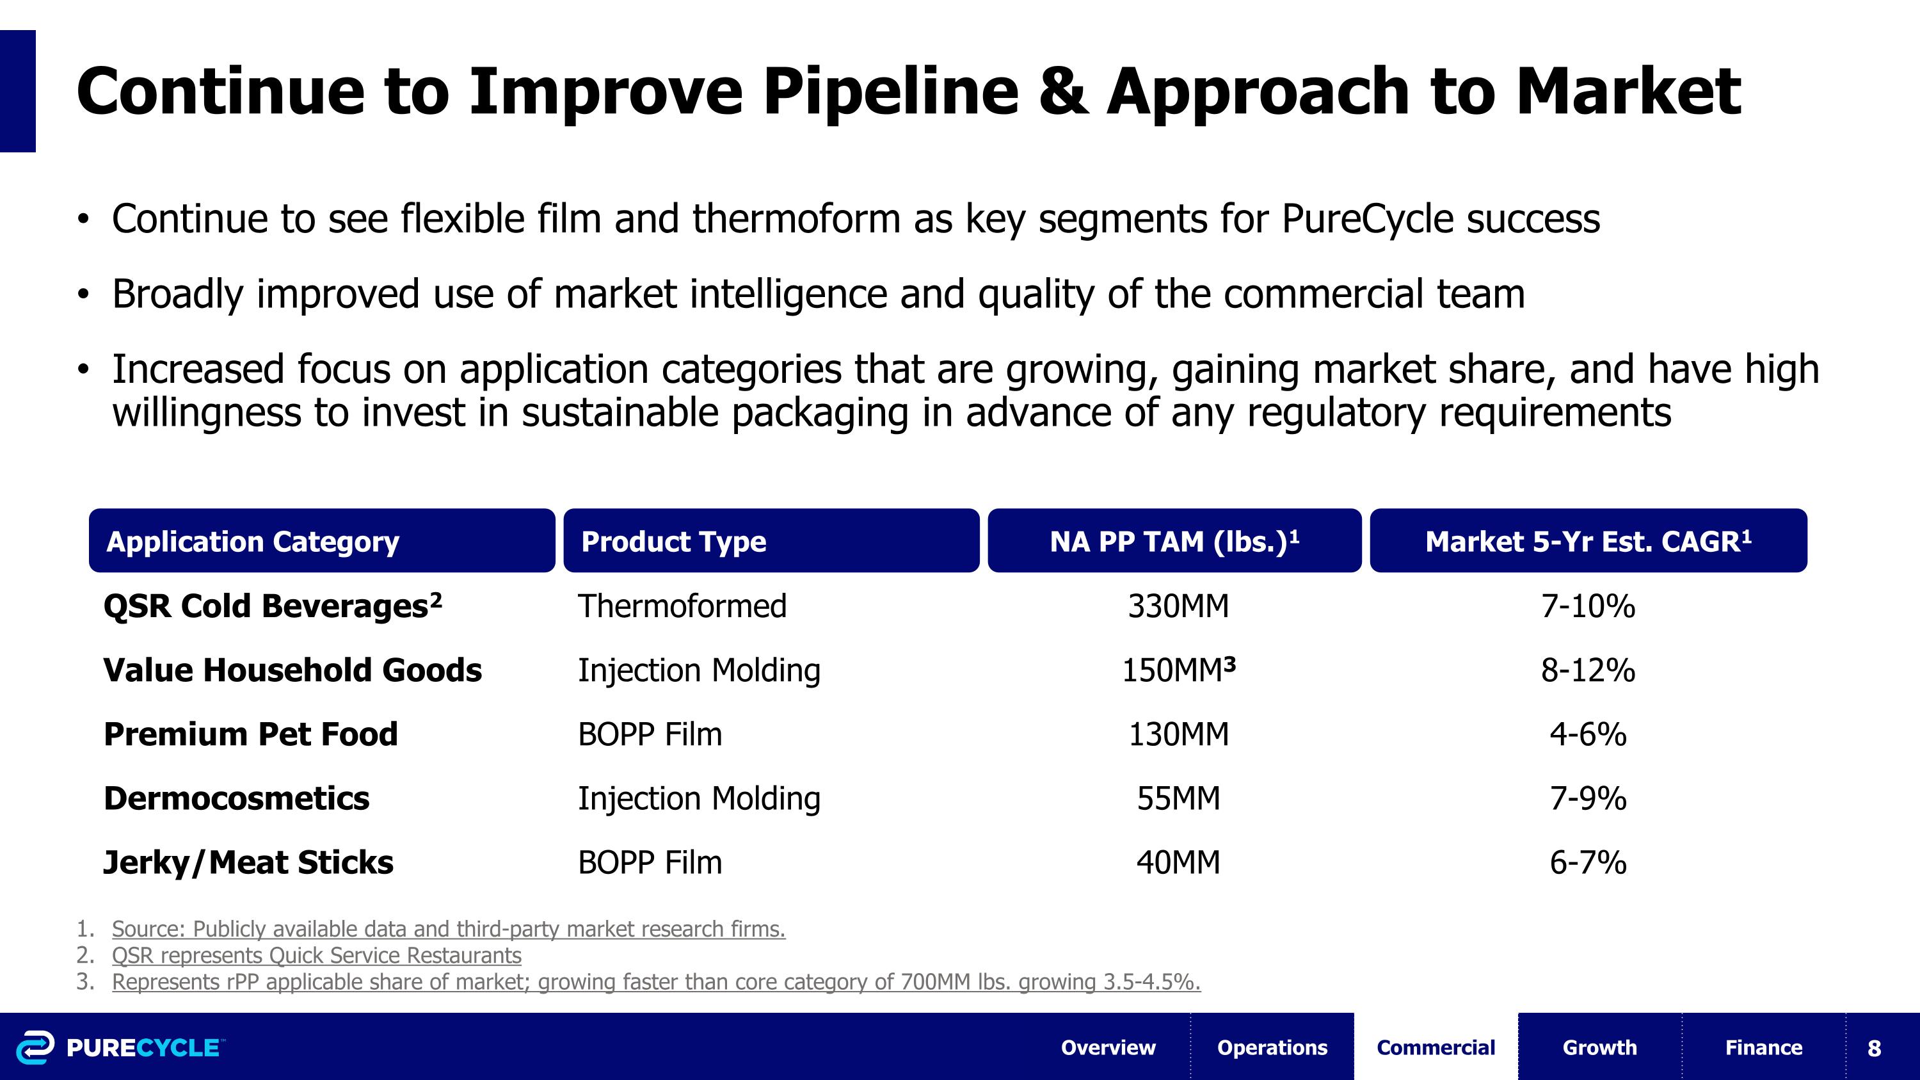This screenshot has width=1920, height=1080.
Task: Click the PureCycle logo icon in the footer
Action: [x=35, y=1047]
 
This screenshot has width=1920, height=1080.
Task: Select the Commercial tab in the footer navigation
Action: [x=1436, y=1047]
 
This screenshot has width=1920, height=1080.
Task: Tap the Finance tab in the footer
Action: [x=1763, y=1047]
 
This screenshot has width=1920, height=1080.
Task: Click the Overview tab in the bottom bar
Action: [x=1108, y=1047]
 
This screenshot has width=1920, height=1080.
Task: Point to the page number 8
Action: [x=1874, y=1048]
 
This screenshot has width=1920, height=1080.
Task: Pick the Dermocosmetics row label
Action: [x=236, y=798]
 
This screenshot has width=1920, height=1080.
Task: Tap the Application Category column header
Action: [x=253, y=541]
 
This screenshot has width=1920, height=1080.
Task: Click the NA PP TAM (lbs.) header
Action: [x=1174, y=541]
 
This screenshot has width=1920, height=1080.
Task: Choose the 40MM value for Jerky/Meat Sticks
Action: [x=1178, y=862]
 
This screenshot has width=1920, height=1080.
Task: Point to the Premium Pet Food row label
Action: [x=250, y=734]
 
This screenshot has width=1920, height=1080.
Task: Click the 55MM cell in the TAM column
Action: [x=1178, y=798]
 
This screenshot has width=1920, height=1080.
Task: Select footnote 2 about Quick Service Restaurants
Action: [x=316, y=956]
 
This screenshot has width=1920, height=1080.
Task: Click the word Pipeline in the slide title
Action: [x=891, y=92]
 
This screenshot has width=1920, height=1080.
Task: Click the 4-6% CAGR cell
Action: [x=1588, y=734]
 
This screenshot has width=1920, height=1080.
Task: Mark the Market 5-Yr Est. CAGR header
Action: [x=1588, y=541]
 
